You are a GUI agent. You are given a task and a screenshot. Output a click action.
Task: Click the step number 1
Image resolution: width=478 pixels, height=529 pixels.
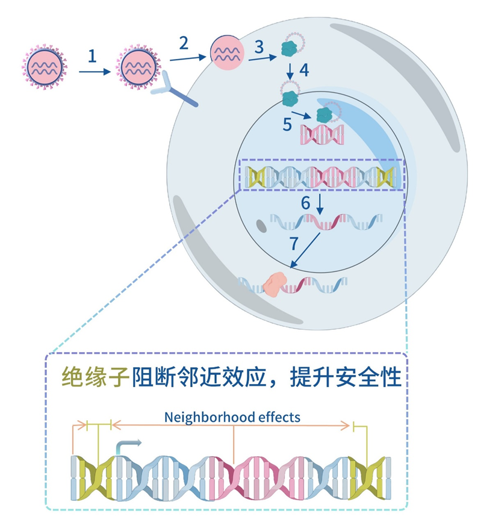tap(92, 56)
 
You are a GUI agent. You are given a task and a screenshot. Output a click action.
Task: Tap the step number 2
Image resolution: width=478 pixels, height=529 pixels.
tap(184, 42)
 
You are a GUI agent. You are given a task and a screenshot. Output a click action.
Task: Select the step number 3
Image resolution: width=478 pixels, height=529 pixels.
tap(259, 46)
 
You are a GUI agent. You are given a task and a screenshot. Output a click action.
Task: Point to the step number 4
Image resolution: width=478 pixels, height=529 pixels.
tap(304, 70)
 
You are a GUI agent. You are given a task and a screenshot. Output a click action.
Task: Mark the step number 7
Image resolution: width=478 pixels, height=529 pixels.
tap(294, 243)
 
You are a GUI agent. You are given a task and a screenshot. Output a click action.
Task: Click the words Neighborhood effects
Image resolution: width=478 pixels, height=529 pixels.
tap(232, 416)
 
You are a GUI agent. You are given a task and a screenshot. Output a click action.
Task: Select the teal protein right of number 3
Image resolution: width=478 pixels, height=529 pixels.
tap(292, 48)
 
